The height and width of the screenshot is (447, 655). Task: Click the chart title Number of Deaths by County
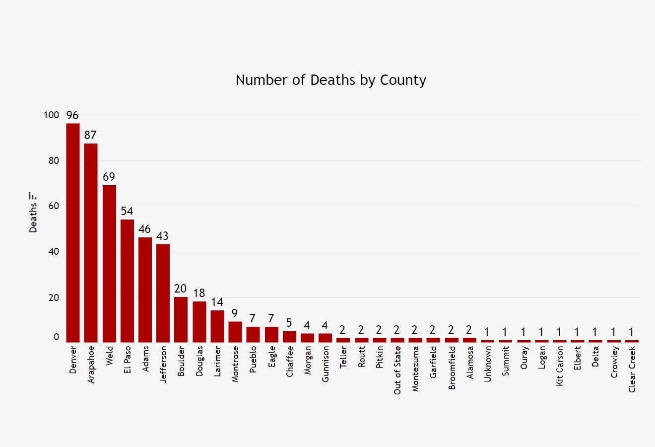pos(330,80)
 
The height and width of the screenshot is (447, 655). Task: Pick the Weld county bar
pos(109,263)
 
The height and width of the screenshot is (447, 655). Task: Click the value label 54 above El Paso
pos(127,211)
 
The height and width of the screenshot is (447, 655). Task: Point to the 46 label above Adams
pos(145,229)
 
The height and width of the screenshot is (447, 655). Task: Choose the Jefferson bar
pos(163,293)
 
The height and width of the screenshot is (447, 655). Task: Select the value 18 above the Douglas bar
pos(199,293)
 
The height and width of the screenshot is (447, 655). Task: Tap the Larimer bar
pos(217,326)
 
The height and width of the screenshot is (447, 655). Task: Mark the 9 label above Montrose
pos(235,313)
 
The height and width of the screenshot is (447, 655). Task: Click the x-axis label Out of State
pos(397,370)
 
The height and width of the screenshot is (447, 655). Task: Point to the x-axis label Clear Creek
pos(632,369)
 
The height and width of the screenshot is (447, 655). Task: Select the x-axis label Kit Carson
pos(560,366)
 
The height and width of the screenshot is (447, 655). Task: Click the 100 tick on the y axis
pos(51,115)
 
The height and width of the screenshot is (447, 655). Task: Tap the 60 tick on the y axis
pos(54,206)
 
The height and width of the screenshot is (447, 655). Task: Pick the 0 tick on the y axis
pos(56,337)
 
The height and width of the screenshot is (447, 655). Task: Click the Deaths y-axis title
pos(33,218)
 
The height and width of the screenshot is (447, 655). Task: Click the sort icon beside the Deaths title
pos(33,196)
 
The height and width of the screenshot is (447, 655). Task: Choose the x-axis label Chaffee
pos(289,362)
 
